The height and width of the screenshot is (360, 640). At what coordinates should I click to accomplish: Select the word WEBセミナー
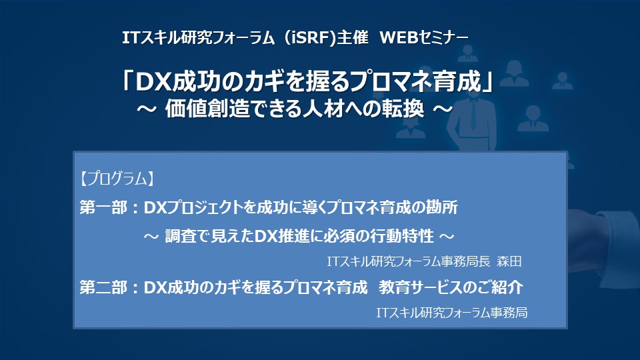[x=424, y=38]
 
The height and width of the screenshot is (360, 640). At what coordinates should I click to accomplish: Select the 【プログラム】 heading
[x=117, y=179]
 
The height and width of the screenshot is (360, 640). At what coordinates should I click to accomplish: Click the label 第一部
[x=103, y=207]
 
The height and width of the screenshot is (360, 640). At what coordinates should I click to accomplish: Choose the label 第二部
[x=103, y=287]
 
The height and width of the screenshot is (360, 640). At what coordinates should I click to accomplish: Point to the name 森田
[x=509, y=261]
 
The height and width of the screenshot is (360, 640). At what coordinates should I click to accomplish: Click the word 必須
[x=339, y=236]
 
